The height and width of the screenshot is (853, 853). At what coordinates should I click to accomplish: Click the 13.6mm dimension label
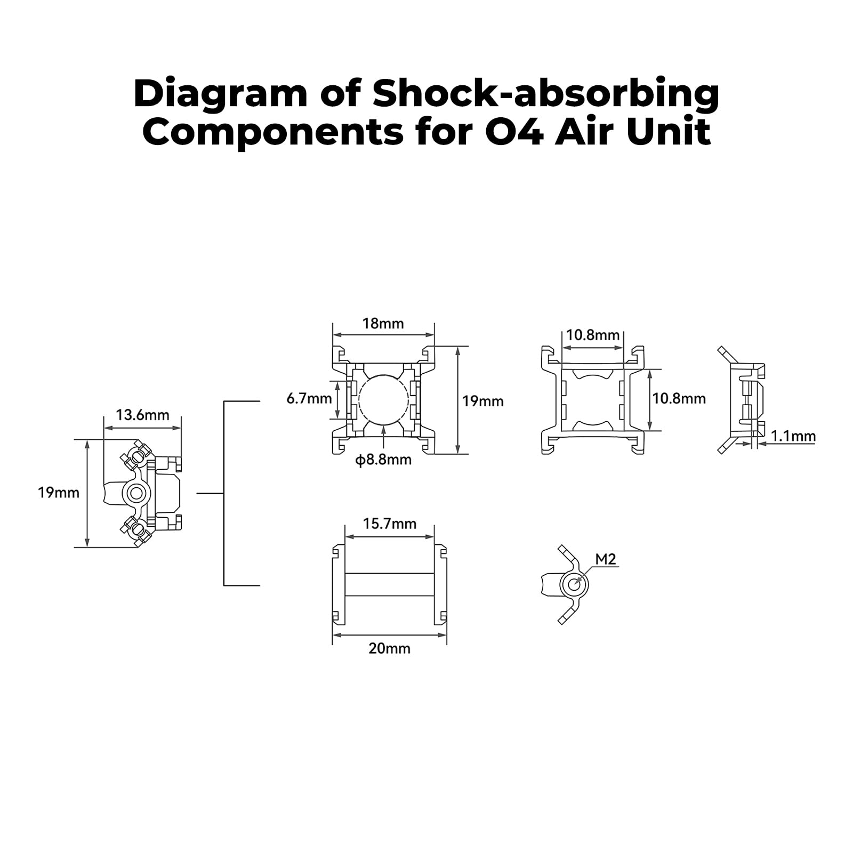pos(142,415)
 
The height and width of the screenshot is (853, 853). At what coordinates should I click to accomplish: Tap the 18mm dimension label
pos(383,324)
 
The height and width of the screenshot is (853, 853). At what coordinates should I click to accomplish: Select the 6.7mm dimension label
pos(309,398)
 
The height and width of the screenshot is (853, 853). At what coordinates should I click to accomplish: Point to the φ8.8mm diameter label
pos(383,460)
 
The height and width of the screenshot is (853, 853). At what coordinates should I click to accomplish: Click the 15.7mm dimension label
pos(390,524)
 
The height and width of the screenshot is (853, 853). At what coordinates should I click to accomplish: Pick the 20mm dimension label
pos(389,648)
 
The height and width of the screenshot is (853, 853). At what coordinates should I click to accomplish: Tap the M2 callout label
pos(605,559)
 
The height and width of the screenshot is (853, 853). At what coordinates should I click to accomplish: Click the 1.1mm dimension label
pos(793,436)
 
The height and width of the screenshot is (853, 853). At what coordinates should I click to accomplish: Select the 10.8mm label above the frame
pos(593,335)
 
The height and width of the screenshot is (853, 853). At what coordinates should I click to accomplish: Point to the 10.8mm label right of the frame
pos(679,398)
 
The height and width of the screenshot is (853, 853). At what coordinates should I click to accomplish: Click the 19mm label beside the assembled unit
pos(59,493)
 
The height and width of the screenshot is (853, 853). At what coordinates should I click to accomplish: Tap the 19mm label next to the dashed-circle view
pos(482,401)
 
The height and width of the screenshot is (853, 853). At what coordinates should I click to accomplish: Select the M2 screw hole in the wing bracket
pos(574,585)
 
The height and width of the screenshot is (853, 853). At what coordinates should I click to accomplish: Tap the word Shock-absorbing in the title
pos(546,94)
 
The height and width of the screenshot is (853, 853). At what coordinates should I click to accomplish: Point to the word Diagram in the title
pos(220,95)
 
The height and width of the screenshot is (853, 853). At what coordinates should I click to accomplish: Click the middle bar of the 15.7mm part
pos(389,585)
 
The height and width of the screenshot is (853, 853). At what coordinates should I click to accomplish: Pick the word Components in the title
pos(273,133)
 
